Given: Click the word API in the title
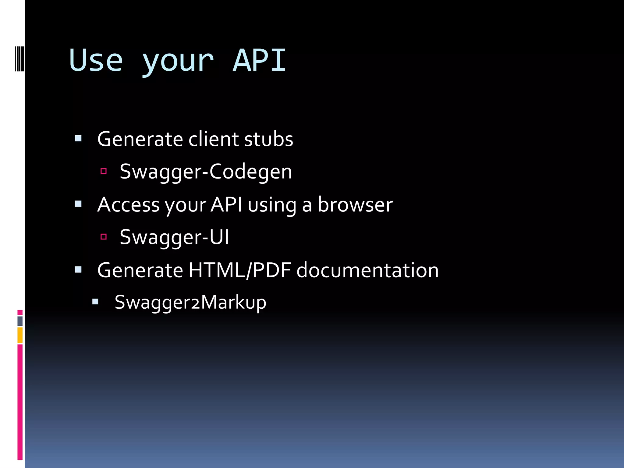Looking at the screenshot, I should pyautogui.click(x=259, y=61).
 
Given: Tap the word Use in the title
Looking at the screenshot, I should pyautogui.click(x=96, y=61).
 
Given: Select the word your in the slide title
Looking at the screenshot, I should pyautogui.click(x=178, y=62).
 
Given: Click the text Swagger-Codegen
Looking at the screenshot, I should pyautogui.click(x=206, y=172).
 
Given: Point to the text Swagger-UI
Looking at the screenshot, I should pyautogui.click(x=174, y=237).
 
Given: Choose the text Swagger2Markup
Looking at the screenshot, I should pyautogui.click(x=190, y=303).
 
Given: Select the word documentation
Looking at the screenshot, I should pyautogui.click(x=367, y=270).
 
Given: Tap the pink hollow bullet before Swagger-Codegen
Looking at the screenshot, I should pyautogui.click(x=104, y=171).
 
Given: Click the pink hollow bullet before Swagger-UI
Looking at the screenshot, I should pyautogui.click(x=104, y=236).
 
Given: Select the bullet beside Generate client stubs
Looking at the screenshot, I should pyautogui.click(x=78, y=139).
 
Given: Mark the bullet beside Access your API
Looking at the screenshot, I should pyautogui.click(x=78, y=204).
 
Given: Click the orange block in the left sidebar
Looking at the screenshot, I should pyautogui.click(x=20, y=335).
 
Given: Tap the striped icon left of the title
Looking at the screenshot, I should pyautogui.click(x=19, y=59).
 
